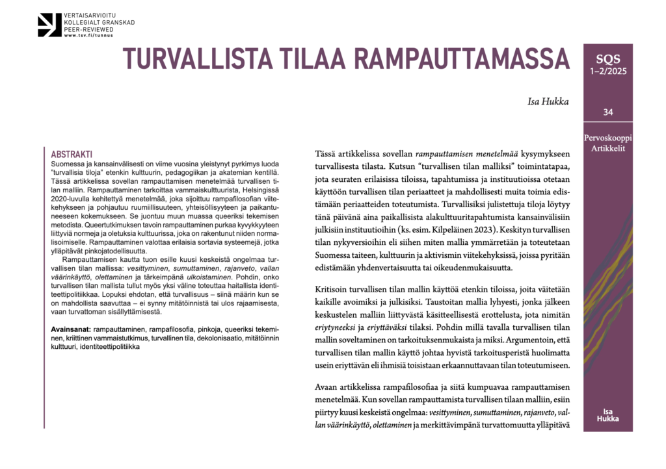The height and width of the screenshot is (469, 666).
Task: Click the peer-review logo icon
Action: (50, 24)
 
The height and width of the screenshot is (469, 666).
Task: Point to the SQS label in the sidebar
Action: (607, 58)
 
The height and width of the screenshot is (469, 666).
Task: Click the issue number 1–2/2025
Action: (607, 71)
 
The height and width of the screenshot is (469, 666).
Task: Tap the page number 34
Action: (607, 112)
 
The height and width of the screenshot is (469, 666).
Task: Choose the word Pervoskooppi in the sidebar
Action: (607, 138)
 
